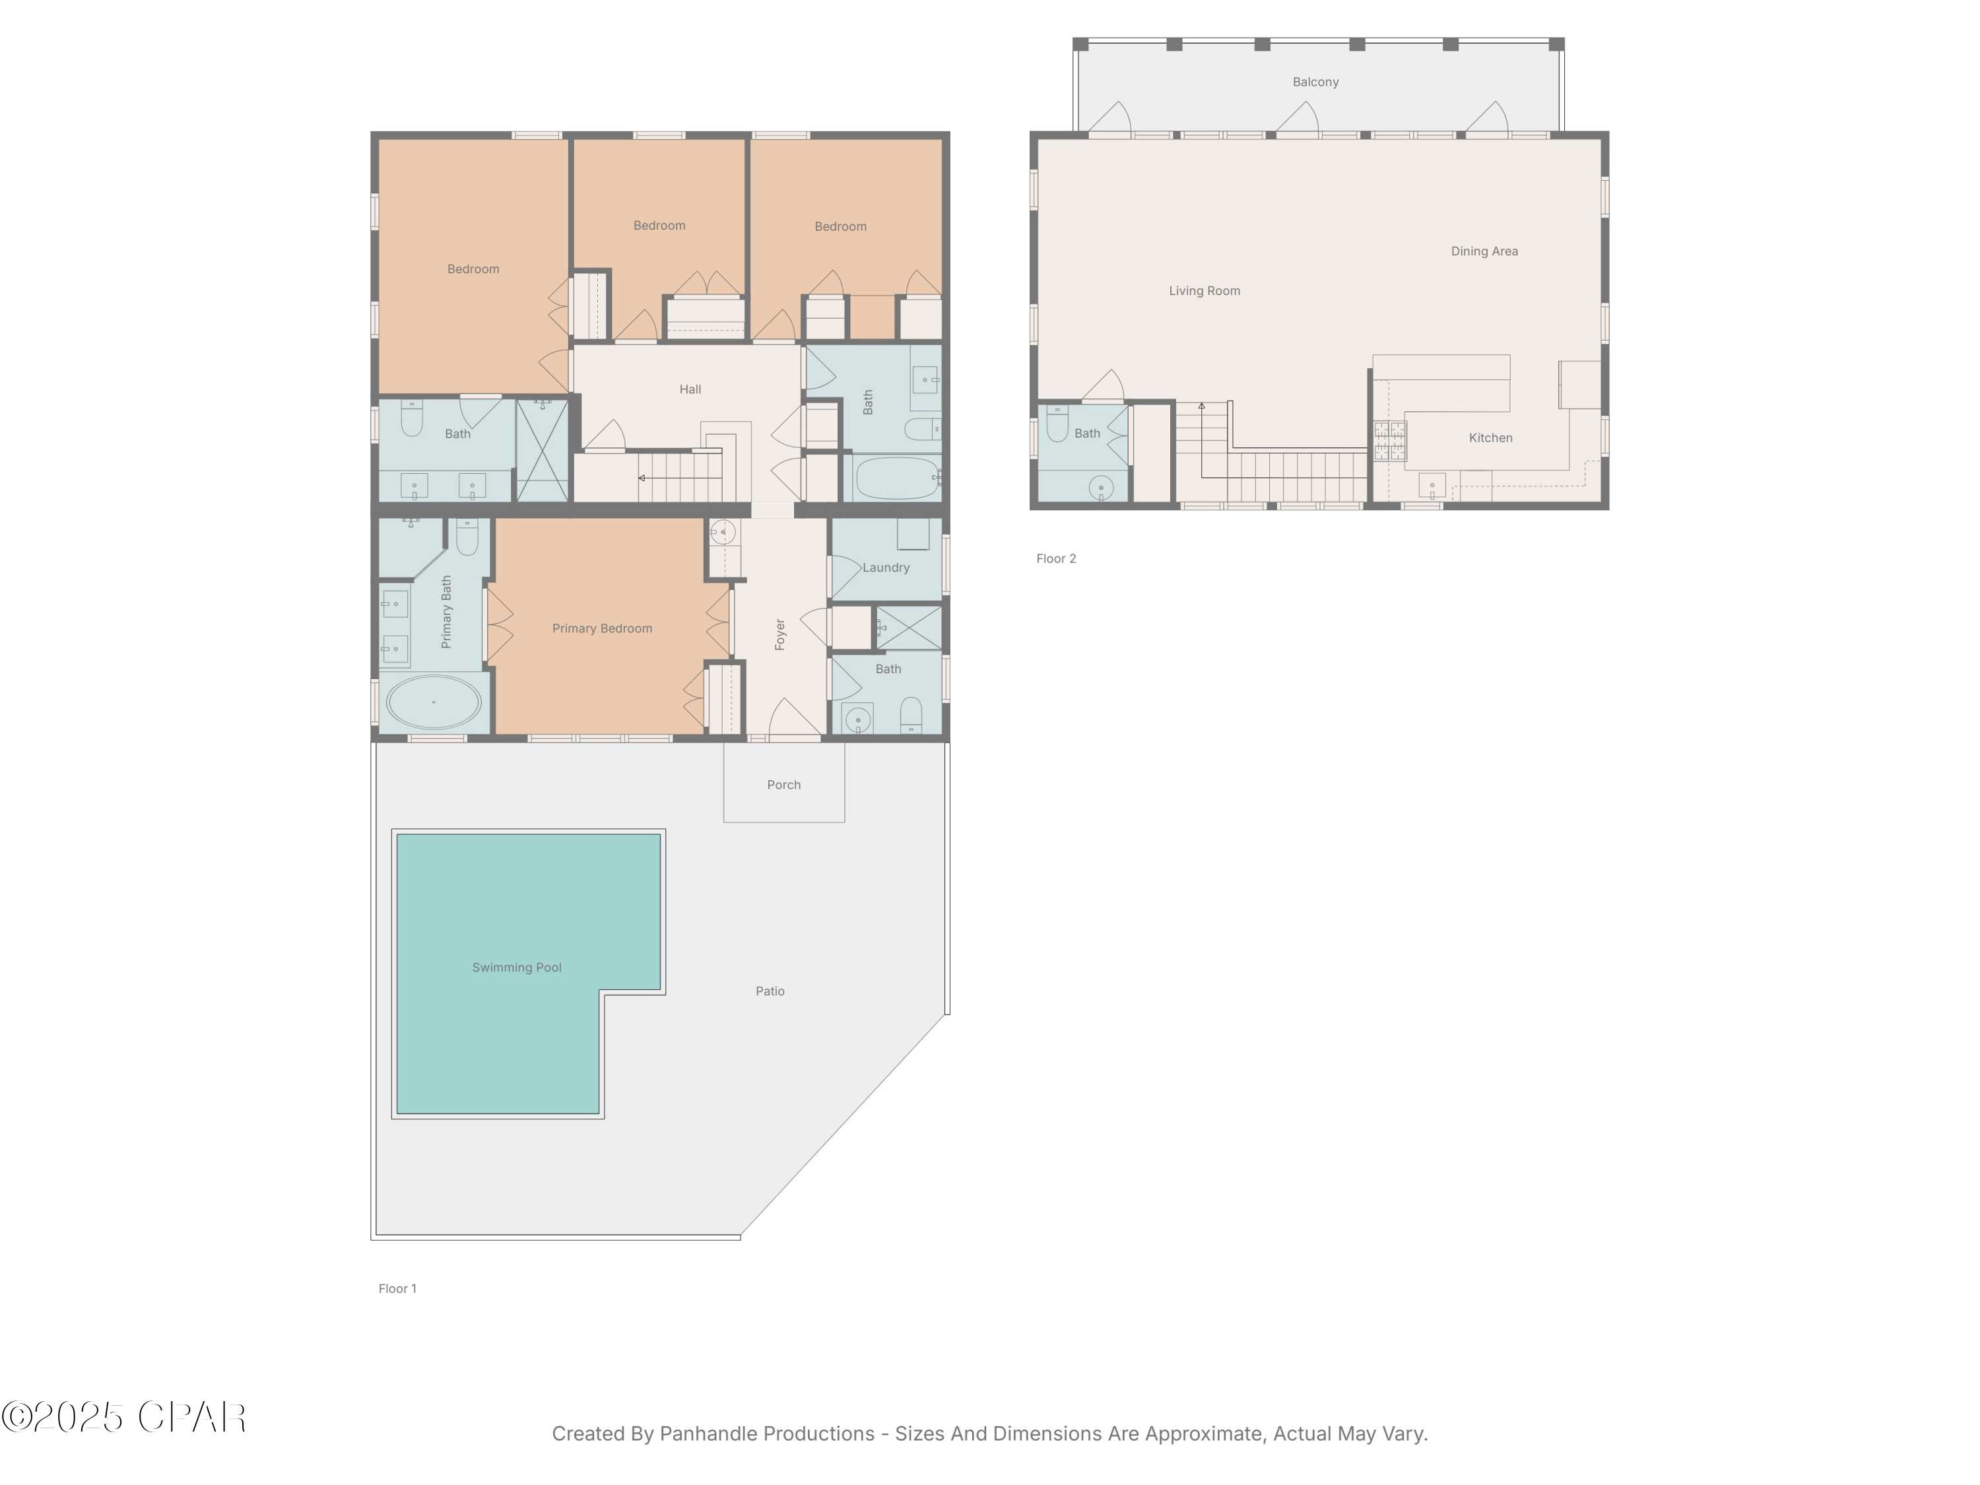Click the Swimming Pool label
tap(517, 968)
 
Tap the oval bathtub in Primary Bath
tap(433, 702)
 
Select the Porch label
tap(783, 785)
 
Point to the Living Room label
tap(1204, 291)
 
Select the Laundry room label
tap(886, 568)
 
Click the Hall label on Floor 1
tap(689, 389)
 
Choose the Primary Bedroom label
tap(601, 628)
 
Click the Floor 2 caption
tap(1056, 558)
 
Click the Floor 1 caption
tap(397, 1289)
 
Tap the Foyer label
tap(779, 634)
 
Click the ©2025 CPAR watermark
tap(123, 1417)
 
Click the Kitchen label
tap(1490, 438)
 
